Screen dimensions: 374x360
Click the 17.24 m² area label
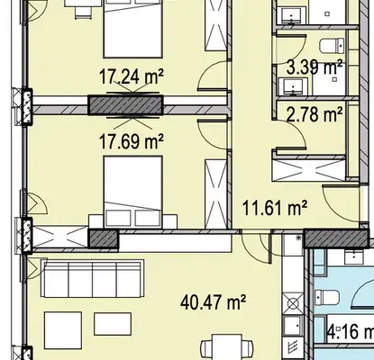132,76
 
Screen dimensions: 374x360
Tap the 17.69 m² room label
132,142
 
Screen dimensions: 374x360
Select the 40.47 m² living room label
214,302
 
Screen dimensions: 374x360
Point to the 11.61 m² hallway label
275,208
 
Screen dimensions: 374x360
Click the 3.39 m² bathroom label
315,67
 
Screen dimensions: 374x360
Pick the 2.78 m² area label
315,114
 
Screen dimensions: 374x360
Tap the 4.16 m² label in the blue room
351,332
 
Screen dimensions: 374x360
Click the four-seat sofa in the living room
93,279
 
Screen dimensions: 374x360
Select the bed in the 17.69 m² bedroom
133,191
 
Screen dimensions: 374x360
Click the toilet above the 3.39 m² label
332,46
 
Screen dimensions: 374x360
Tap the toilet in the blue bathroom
327,296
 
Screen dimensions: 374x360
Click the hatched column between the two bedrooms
125,105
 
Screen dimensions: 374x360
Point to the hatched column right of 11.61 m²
336,238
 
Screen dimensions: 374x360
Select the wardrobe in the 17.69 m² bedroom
215,194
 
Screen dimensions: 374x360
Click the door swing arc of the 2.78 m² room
296,130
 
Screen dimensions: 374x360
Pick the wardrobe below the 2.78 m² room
309,170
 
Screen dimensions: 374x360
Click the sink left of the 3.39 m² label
293,86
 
